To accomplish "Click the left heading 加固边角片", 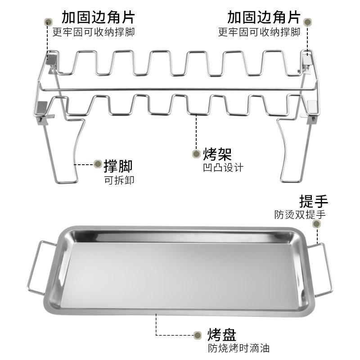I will (98, 18).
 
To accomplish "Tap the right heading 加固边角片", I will (264, 18).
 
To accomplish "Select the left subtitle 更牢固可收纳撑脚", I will (94, 32).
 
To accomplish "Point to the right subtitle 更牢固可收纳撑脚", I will (259, 32).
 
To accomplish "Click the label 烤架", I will (218, 154).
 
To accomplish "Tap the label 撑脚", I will (118, 166).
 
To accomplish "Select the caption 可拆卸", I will (119, 180).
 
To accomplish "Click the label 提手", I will (314, 201).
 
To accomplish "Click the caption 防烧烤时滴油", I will (238, 348).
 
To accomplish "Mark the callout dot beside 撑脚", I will (97, 164).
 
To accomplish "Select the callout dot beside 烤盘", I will (197, 334).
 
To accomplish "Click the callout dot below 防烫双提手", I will (317, 224).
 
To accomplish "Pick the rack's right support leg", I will (289, 153).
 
